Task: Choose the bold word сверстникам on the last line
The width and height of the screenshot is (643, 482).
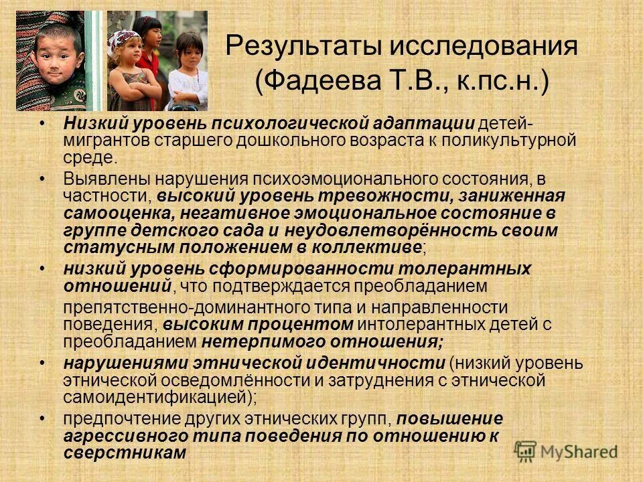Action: click(124, 453)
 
